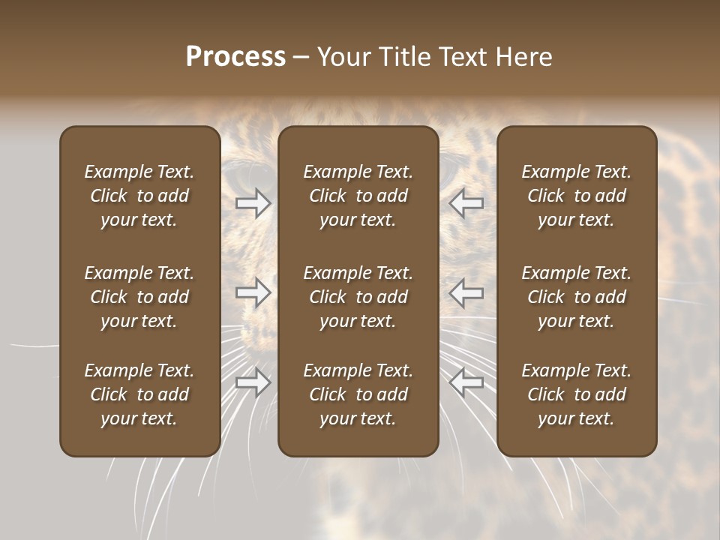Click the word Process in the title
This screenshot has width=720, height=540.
(x=235, y=57)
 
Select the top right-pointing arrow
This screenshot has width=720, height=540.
(x=253, y=203)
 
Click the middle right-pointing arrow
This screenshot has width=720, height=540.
(x=253, y=292)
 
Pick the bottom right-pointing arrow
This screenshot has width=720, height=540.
(x=253, y=382)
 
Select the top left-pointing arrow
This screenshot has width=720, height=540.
(x=466, y=203)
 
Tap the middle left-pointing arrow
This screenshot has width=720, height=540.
(x=466, y=292)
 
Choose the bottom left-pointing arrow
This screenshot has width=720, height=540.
(x=466, y=382)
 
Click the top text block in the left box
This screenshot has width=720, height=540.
(x=139, y=196)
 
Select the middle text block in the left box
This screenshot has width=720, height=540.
(x=139, y=297)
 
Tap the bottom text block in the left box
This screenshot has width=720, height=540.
(x=139, y=394)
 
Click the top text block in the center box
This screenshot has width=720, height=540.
(x=358, y=196)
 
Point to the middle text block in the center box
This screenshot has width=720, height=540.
(x=358, y=297)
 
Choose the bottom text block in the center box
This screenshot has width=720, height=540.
(x=358, y=394)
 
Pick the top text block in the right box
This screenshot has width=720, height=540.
(x=577, y=196)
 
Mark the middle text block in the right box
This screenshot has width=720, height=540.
(x=577, y=297)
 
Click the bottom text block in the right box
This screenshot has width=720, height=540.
(x=577, y=394)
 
